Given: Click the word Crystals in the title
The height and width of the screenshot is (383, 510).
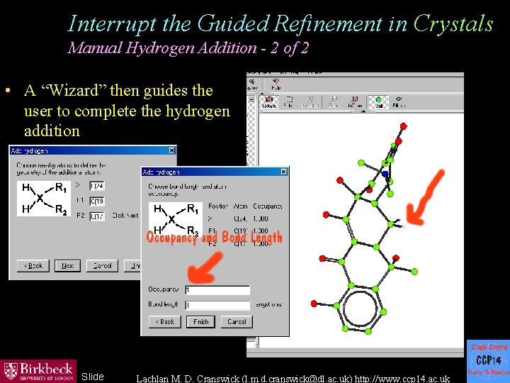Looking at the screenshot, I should pyautogui.click(x=453, y=24).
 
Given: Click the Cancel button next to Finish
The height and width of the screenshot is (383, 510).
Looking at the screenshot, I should pyautogui.click(x=237, y=321).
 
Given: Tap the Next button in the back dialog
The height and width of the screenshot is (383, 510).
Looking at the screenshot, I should pyautogui.click(x=67, y=265).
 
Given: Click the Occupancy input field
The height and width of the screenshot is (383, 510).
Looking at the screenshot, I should pyautogui.click(x=217, y=290).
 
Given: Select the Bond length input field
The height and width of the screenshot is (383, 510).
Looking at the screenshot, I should pyautogui.click(x=217, y=305).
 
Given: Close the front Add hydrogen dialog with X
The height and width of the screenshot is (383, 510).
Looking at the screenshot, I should pyautogui.click(x=283, y=172).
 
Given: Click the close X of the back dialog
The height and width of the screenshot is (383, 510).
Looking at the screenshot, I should pyautogui.click(x=171, y=150).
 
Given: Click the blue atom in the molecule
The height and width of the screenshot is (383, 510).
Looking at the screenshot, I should pyautogui.click(x=385, y=173).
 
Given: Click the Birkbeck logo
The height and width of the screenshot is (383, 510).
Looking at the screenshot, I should pyautogui.click(x=38, y=370).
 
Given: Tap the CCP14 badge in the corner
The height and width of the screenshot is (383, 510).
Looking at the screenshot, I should pyautogui.click(x=488, y=360).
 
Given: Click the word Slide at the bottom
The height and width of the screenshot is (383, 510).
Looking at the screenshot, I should pyautogui.click(x=93, y=377).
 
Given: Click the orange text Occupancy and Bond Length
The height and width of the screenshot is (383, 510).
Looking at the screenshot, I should pyautogui.click(x=214, y=238).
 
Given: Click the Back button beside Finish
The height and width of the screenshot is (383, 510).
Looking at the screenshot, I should pyautogui.click(x=166, y=321).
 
